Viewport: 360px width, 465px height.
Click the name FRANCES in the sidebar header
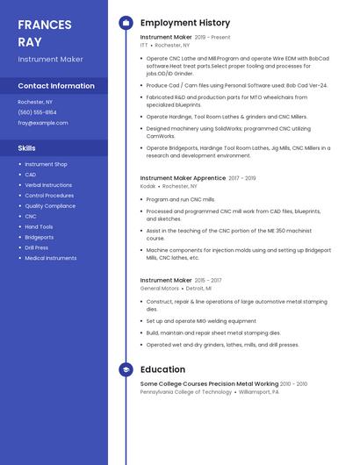click(45, 24)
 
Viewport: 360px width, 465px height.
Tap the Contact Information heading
click(56, 86)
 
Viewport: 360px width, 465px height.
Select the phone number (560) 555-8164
click(37, 112)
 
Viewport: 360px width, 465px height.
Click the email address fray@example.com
click(43, 123)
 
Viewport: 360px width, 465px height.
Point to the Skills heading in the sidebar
click(27, 148)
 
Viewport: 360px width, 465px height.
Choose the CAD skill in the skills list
click(31, 175)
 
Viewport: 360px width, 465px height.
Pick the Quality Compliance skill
click(50, 206)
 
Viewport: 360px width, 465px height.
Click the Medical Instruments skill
click(51, 258)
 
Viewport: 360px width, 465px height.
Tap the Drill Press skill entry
click(37, 247)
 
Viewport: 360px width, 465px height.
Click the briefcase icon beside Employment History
click(126, 23)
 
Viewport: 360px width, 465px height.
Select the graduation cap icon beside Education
click(126, 370)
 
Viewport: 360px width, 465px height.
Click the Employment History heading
click(185, 23)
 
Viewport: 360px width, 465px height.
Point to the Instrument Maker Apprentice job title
click(183, 178)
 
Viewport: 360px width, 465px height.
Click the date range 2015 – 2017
click(208, 281)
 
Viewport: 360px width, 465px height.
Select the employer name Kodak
click(148, 187)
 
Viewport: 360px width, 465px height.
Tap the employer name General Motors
click(160, 289)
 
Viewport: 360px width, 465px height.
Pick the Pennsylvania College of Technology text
click(186, 392)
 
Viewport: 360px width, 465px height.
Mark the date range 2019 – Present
click(212, 38)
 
